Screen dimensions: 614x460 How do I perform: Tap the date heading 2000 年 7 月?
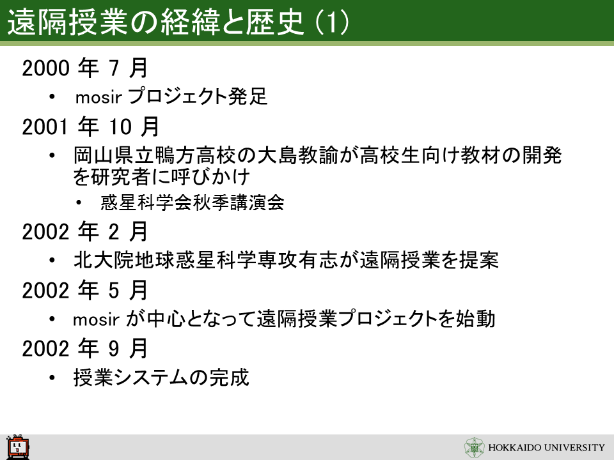pyautogui.click(x=84, y=68)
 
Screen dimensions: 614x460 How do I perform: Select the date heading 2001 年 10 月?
pyautogui.click(x=90, y=126)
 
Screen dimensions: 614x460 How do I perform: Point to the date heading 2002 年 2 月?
pyautogui.click(x=84, y=231)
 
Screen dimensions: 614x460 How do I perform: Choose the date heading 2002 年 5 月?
pyautogui.click(x=84, y=290)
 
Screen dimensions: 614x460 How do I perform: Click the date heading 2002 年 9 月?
pyautogui.click(x=84, y=349)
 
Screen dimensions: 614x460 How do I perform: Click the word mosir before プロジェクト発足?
pyautogui.click(x=98, y=97)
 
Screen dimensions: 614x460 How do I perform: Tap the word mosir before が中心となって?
pyautogui.click(x=97, y=319)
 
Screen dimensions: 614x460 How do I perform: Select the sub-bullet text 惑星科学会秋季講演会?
pyautogui.click(x=193, y=203)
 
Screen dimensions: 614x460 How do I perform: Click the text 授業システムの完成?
pyautogui.click(x=161, y=378)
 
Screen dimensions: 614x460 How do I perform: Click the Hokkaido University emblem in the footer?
pyautogui.click(x=475, y=447)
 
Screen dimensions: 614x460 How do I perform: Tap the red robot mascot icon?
pyautogui.click(x=18, y=447)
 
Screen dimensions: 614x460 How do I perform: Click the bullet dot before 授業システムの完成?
pyautogui.click(x=52, y=378)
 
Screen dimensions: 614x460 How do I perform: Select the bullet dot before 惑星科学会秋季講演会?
pyautogui.click(x=79, y=203)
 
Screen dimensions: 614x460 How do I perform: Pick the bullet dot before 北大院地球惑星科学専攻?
pyautogui.click(x=52, y=261)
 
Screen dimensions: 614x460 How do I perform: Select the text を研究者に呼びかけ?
pyautogui.click(x=161, y=177)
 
